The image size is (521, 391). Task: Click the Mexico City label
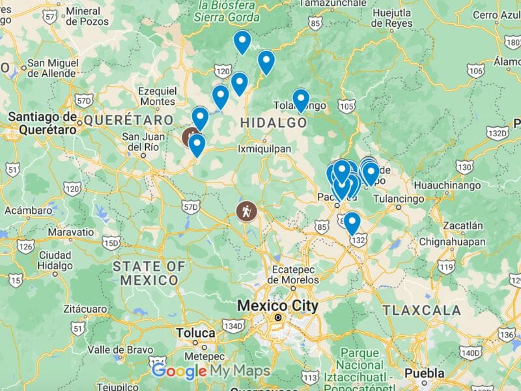click(277, 306)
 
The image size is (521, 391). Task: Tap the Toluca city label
click(195, 333)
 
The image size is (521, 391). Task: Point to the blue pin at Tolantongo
click(300, 99)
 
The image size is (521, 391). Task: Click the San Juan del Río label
click(143, 141)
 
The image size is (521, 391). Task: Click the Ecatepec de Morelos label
click(287, 275)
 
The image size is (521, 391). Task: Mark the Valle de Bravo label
click(117, 349)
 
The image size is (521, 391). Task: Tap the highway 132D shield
click(497, 133)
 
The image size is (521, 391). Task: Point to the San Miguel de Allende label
click(51, 71)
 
